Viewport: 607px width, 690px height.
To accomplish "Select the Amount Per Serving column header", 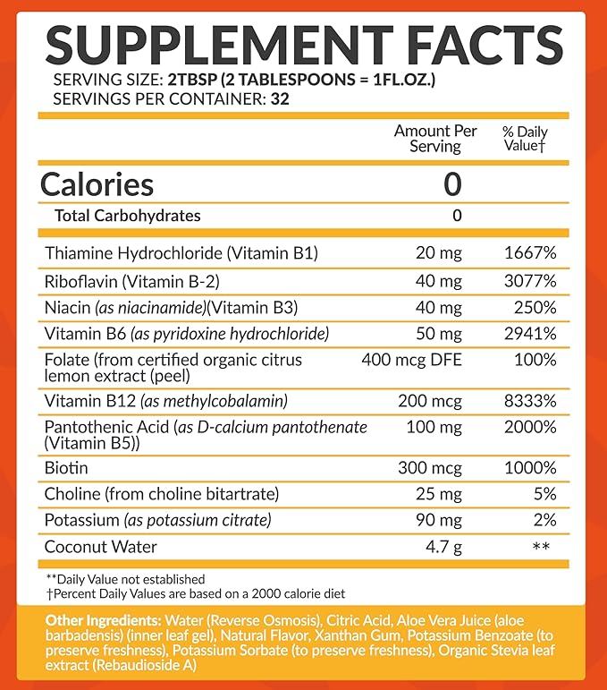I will click(435, 139).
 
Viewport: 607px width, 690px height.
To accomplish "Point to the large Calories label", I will click(97, 184).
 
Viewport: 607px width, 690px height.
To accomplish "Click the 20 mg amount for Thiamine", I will click(439, 254).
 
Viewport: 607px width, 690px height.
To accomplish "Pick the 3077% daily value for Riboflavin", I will click(531, 281).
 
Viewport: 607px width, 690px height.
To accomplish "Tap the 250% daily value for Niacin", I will click(537, 307).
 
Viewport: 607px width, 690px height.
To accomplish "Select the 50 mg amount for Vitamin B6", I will click(439, 334).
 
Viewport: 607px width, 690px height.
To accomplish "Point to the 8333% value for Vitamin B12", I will click(531, 401).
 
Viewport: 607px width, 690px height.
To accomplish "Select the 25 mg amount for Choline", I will click(439, 494).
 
